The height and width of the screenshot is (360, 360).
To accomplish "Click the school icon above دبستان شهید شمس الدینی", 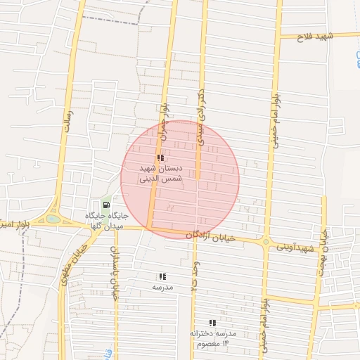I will [x=160, y=158].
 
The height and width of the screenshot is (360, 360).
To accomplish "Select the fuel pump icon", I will [x=106, y=205].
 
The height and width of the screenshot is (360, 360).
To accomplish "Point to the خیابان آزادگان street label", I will [x=210, y=238].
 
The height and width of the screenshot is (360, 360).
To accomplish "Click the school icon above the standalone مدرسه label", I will [x=162, y=277].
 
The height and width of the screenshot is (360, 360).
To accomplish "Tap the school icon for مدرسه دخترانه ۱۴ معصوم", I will [x=212, y=323].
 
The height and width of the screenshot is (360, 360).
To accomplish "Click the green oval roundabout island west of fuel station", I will [x=53, y=219].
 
